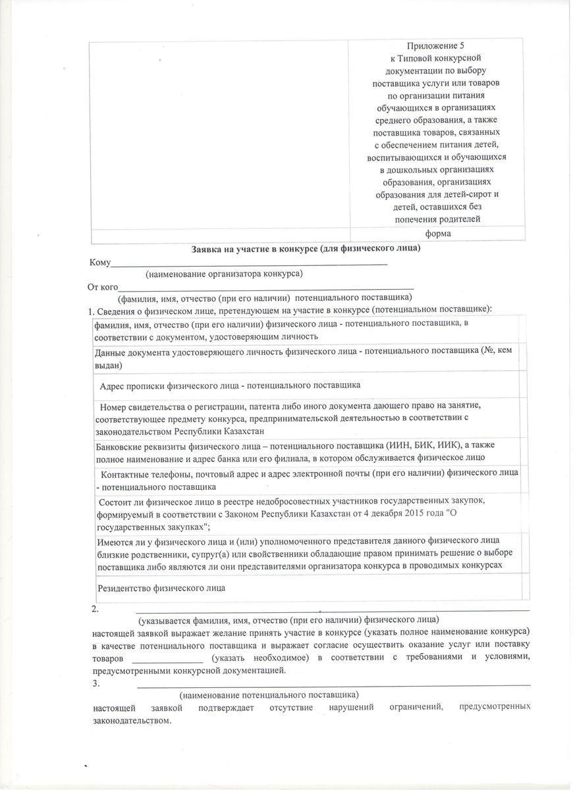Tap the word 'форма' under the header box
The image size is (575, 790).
[438, 234]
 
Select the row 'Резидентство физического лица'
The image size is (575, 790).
[161, 588]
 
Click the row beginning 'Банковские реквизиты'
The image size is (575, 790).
[290, 452]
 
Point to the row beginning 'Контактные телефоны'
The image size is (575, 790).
[307, 479]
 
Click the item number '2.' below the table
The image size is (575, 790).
[96, 609]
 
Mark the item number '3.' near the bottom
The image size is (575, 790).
[96, 683]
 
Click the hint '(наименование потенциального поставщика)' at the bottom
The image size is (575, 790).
[269, 695]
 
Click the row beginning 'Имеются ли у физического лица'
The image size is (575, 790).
[300, 553]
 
